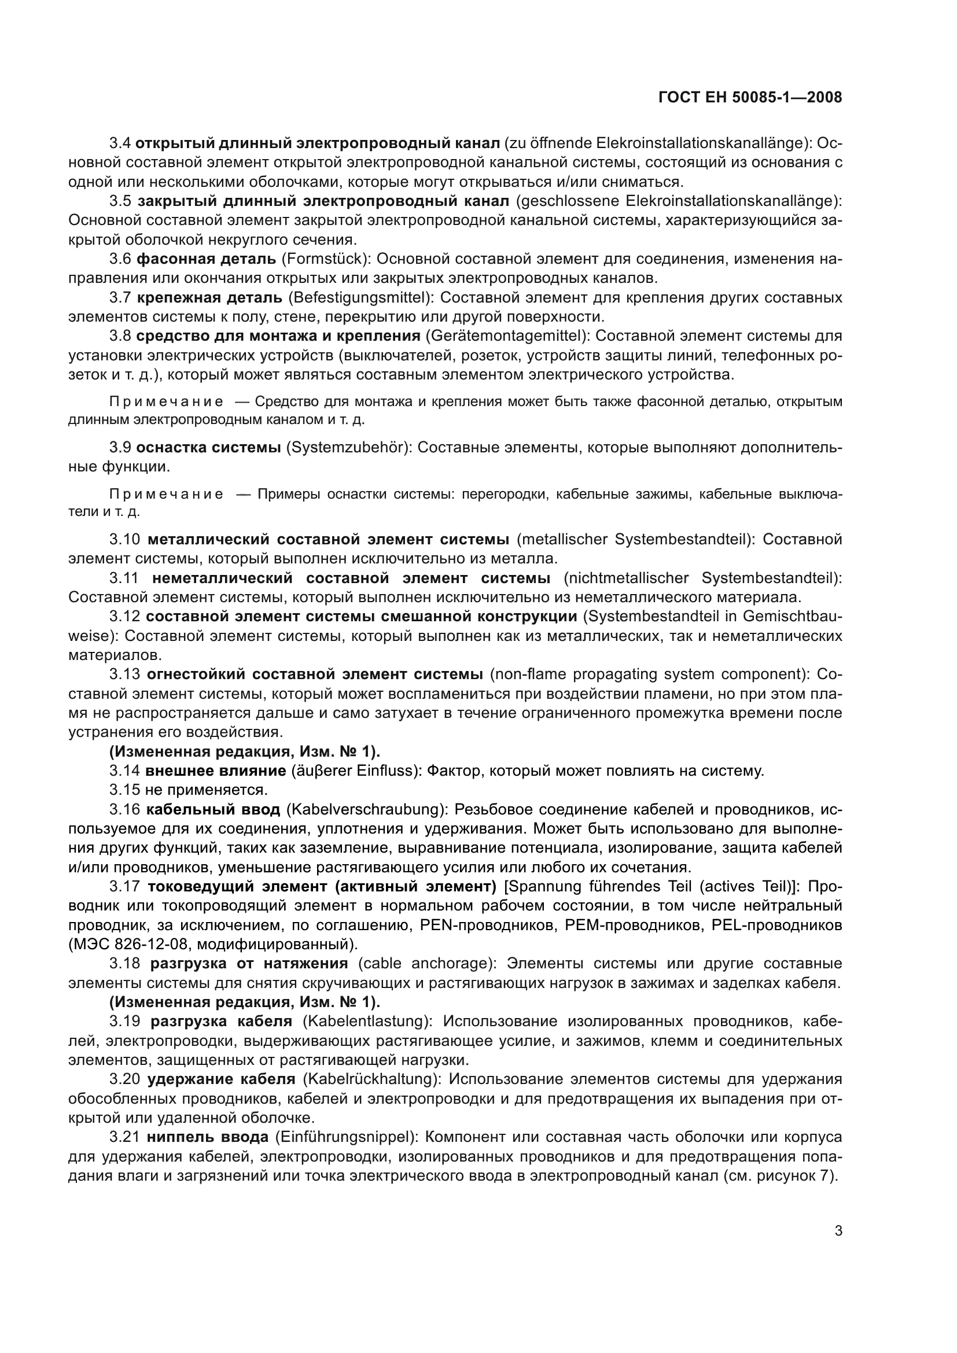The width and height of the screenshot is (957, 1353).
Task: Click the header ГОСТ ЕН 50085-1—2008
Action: click(x=749, y=98)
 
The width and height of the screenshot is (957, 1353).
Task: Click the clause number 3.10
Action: click(x=124, y=539)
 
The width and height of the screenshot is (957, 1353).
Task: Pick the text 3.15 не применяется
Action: click(x=188, y=790)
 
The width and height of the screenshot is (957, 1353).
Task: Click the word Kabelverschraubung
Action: click(x=365, y=810)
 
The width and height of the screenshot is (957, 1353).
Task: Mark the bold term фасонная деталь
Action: click(x=206, y=259)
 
